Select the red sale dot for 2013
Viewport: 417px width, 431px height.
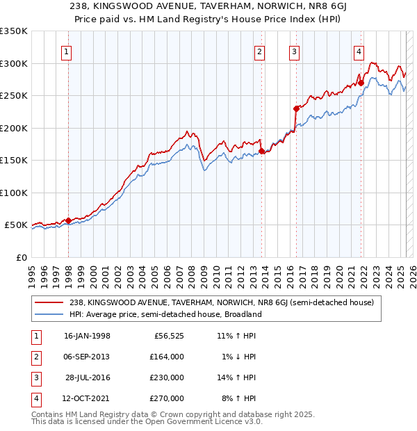[261, 151]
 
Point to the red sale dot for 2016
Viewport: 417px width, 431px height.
[296, 108]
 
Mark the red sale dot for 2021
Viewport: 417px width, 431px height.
[361, 83]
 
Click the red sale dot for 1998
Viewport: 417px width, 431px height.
[69, 220]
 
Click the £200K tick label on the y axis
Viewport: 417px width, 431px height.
[13, 128]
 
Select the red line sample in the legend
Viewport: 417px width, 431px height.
[49, 302]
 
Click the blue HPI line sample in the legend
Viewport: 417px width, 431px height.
[49, 314]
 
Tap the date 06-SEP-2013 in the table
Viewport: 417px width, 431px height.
[86, 357]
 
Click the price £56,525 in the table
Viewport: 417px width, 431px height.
[169, 336]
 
